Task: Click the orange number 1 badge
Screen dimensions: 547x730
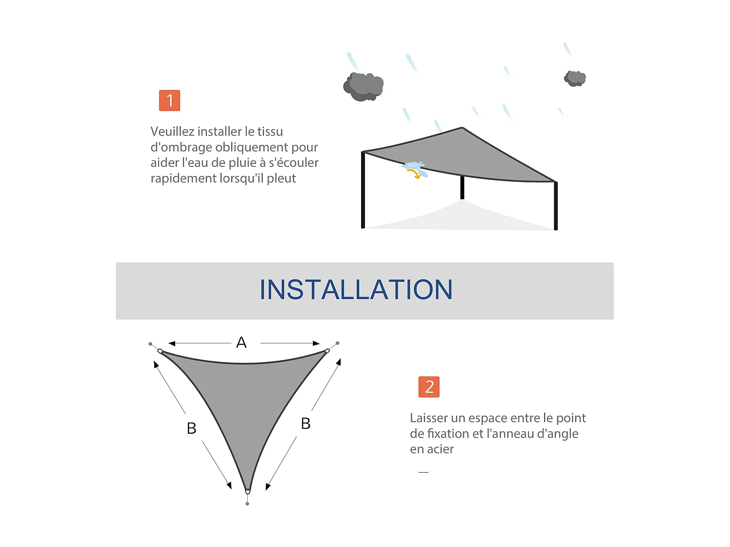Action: coord(169,100)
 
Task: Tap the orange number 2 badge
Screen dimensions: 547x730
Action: coord(429,387)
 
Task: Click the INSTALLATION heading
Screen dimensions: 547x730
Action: coord(356,290)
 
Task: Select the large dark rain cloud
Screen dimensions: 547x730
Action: coord(364,87)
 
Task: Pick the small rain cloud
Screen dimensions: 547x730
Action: coord(575,78)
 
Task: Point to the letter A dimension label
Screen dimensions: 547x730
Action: coord(241,343)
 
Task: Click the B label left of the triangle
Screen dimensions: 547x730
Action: coord(192,428)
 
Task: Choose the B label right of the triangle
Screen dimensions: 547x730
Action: coord(306,423)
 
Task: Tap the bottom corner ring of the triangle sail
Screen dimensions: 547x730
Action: coord(248,492)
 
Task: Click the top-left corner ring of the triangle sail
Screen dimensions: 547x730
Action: coord(160,351)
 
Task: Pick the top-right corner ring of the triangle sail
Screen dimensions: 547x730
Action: coord(327,351)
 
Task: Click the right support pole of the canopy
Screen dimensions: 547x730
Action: coord(556,206)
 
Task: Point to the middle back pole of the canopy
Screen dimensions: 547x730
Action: coord(462,188)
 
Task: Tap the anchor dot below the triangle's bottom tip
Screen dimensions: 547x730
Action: coord(247,504)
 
